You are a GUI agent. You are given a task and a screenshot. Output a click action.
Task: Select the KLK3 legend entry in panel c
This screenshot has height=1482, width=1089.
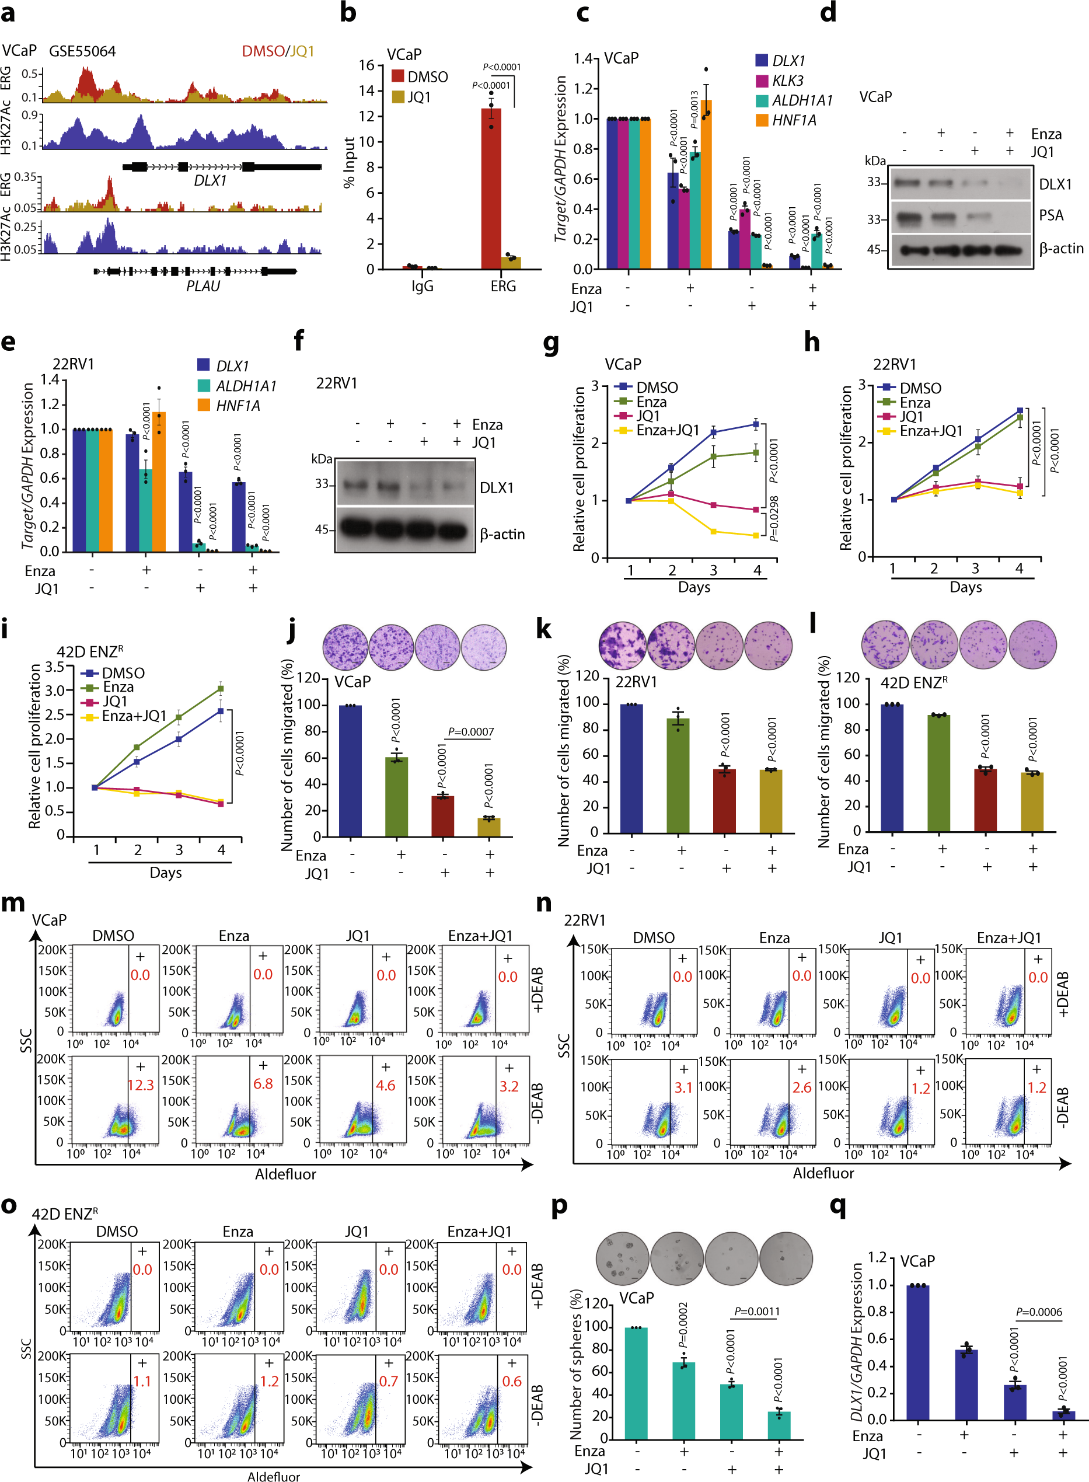(787, 81)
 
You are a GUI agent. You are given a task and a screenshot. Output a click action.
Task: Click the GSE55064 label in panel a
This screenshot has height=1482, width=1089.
(82, 51)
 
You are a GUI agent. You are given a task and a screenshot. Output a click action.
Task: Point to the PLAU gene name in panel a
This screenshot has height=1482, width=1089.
(203, 286)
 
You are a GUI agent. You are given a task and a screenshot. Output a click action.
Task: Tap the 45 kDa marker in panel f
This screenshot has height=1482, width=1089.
(322, 529)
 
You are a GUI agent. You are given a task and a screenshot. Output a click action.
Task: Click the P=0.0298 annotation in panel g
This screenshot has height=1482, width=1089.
(774, 518)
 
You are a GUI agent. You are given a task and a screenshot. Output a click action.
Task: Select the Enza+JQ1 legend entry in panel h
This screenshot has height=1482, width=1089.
(931, 431)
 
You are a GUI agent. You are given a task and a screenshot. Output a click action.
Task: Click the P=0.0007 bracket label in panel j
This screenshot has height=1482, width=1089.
(470, 731)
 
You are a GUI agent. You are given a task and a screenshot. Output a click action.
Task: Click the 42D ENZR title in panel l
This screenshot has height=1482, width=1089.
(914, 682)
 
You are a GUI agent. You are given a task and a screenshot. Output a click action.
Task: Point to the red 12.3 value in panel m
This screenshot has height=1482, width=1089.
(141, 1085)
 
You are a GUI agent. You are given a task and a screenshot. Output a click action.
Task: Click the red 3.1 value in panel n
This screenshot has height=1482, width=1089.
(683, 1087)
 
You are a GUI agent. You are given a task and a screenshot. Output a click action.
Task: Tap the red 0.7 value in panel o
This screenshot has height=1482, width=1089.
(388, 1380)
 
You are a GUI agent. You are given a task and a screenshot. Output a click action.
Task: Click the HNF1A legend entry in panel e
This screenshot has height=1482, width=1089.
(238, 406)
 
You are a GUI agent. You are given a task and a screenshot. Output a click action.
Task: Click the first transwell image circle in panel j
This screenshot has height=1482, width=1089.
(345, 647)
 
